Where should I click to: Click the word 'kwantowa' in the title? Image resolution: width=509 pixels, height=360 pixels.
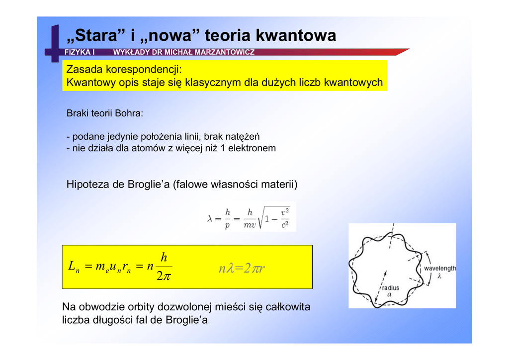point(296,36)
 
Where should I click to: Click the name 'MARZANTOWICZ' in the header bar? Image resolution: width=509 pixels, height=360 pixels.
point(225,52)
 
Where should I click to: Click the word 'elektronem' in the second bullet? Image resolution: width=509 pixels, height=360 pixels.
point(252,148)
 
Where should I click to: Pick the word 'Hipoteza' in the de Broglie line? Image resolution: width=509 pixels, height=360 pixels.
point(88,185)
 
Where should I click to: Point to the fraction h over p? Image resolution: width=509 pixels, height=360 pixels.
point(227,219)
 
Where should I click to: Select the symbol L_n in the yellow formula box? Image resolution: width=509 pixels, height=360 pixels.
point(72,267)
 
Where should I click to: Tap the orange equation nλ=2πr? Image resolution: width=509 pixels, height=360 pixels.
point(242,269)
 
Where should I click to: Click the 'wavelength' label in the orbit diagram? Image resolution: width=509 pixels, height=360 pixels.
point(439,269)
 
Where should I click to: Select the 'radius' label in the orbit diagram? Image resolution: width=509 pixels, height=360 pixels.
point(390,288)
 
